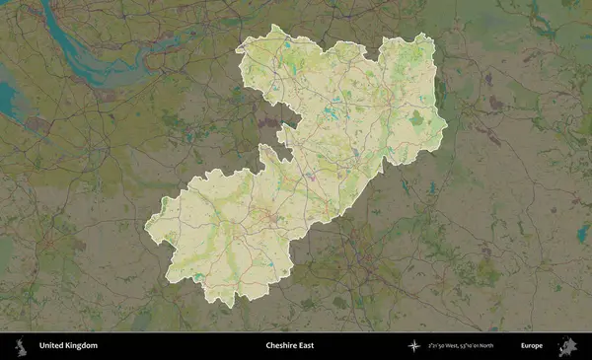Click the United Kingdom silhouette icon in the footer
point(19,346)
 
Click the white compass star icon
point(413,346)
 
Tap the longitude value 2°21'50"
point(437,346)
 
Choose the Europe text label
point(533,346)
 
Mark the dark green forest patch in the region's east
point(416,118)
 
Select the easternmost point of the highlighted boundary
point(447,124)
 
